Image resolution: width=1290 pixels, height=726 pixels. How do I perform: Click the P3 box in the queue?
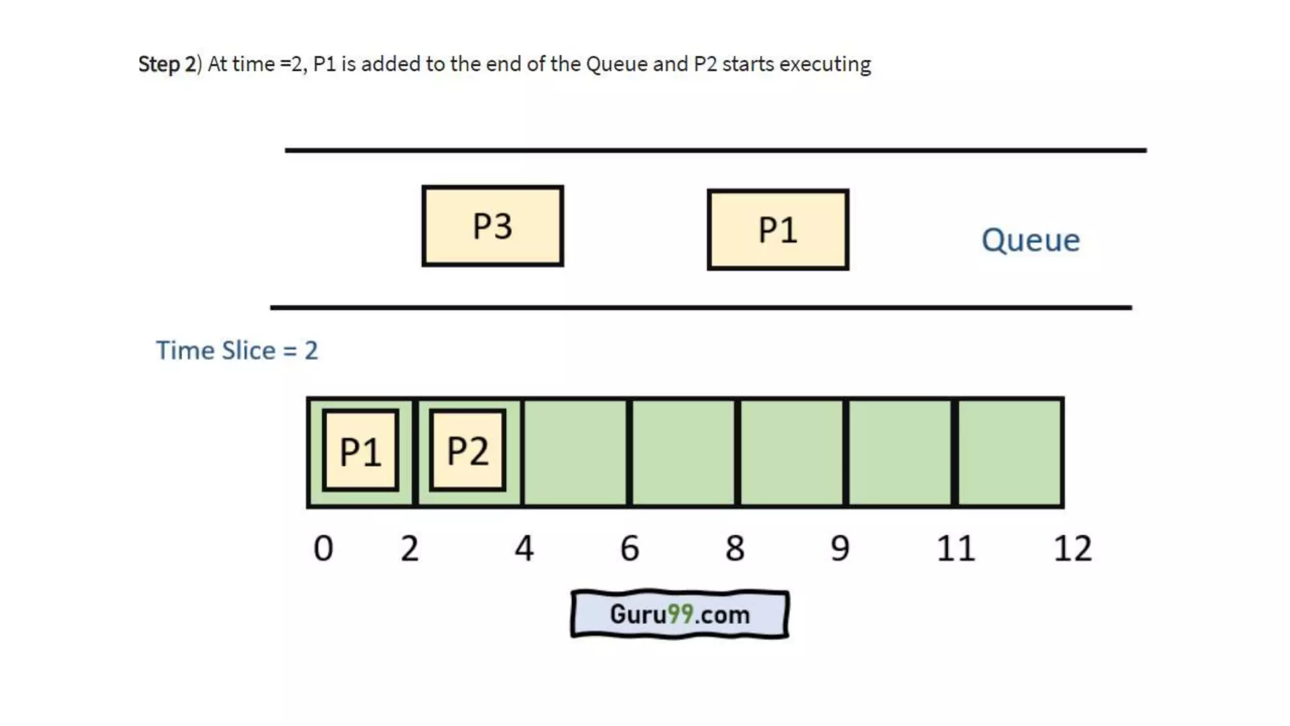tap(493, 226)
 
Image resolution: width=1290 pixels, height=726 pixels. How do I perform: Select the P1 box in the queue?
tap(778, 230)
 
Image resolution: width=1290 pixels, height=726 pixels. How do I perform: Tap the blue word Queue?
tap(1030, 240)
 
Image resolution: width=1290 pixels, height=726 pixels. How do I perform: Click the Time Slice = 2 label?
tap(237, 350)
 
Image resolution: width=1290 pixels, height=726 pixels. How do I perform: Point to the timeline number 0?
tap(323, 548)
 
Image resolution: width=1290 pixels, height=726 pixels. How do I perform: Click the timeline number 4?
tap(524, 548)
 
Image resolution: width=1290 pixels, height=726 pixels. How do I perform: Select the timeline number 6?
tap(630, 548)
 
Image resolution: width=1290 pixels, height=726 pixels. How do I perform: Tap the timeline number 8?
tap(735, 548)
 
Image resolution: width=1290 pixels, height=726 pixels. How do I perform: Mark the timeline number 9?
tap(840, 548)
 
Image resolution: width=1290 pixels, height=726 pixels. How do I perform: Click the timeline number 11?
tap(956, 548)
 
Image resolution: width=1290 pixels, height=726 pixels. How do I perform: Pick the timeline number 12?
tap(1073, 548)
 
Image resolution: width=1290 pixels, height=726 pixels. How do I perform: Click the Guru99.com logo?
tap(680, 614)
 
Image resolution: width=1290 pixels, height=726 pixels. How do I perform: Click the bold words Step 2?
tap(167, 64)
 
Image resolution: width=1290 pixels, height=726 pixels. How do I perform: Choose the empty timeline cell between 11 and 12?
tap(1009, 452)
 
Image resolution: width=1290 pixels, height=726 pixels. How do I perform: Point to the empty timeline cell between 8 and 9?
tap(792, 452)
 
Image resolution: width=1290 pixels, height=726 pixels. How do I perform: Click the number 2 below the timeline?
tap(409, 548)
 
